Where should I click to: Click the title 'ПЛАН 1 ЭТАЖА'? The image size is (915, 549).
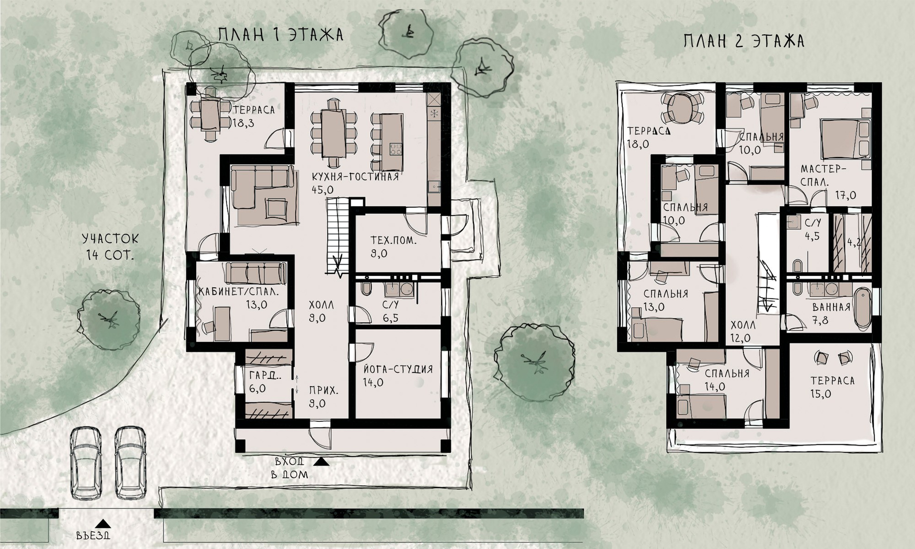coord(281,35)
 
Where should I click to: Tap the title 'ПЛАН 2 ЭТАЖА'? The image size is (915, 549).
coord(744,41)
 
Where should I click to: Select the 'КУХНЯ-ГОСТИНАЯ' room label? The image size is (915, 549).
coord(355,177)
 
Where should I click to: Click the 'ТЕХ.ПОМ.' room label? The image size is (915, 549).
coord(394,241)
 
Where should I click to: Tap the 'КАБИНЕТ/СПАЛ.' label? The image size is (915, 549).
coord(238,292)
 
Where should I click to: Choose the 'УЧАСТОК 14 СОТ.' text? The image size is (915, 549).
coord(110,247)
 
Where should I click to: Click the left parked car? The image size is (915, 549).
coord(86,463)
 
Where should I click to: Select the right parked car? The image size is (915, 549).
coord(131,463)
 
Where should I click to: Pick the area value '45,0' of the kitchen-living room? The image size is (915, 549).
coord(323,190)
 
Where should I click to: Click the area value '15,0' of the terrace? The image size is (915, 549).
coord(821,394)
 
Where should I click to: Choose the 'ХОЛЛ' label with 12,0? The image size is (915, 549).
coord(743,325)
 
